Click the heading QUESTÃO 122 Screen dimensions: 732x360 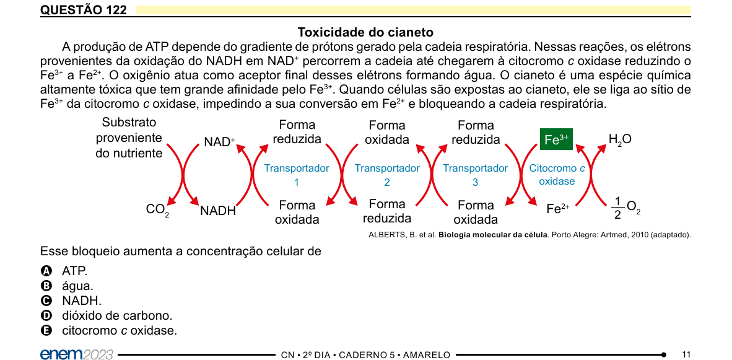[x=84, y=11]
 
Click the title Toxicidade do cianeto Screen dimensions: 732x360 [x=365, y=33]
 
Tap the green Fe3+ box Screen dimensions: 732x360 [x=556, y=139]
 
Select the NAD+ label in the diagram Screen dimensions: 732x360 [x=219, y=141]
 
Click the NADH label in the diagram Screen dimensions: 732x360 [x=218, y=211]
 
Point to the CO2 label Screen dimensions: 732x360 [x=158, y=210]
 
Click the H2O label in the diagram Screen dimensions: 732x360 [x=620, y=139]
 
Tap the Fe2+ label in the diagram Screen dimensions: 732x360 [x=558, y=209]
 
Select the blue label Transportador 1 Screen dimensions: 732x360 [x=297, y=175]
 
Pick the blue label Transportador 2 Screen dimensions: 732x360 [x=387, y=175]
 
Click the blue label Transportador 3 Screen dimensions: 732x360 [x=475, y=175]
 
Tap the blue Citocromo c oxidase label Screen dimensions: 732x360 [x=557, y=175]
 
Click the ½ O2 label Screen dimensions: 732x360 [x=625, y=208]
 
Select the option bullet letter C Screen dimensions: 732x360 [x=46, y=301]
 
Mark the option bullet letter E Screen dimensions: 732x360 [x=46, y=331]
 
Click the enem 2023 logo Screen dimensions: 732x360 [x=77, y=354]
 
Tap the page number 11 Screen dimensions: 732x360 [x=686, y=354]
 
